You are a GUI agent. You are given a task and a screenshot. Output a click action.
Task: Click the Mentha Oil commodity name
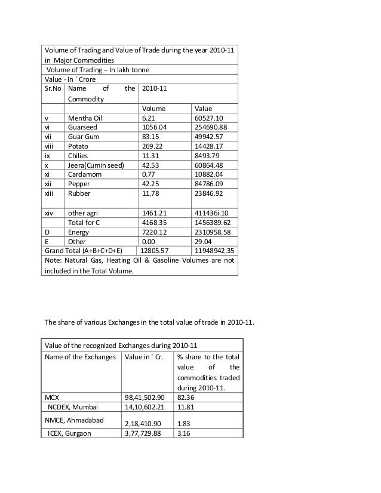pyautogui.click(x=85, y=118)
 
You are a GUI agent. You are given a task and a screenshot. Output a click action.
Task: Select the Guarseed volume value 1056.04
pyautogui.click(x=154, y=127)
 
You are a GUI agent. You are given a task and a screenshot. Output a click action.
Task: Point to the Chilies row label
pyautogui.click(x=79, y=155)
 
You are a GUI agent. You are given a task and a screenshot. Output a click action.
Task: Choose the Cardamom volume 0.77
pyautogui.click(x=148, y=173)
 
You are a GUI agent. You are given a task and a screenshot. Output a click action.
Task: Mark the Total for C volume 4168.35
pyautogui.click(x=154, y=222)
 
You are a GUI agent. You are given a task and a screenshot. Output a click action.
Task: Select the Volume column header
pyautogui.click(x=153, y=109)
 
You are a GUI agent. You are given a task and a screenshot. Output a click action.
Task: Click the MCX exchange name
pyautogui.click(x=53, y=396)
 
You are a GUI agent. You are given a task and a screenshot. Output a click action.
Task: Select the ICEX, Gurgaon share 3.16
pyautogui.click(x=184, y=433)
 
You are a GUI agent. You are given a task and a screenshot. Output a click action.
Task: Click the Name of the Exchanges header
pyautogui.click(x=79, y=356)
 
